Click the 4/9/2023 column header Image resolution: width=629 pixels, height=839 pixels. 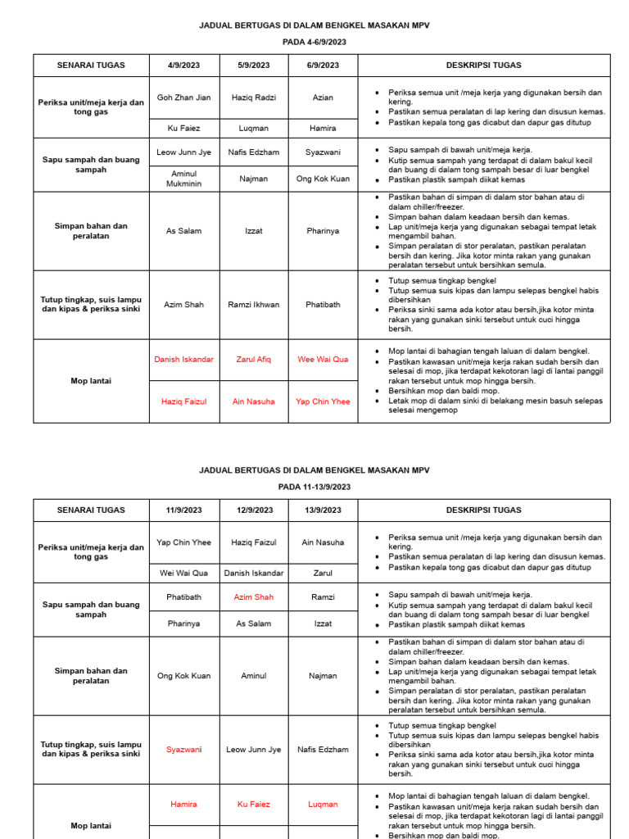coord(183,66)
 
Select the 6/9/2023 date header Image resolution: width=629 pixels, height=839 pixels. coord(323,66)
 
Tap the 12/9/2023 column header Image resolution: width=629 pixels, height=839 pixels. coord(254,510)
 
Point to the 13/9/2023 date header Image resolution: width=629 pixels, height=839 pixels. coord(323,510)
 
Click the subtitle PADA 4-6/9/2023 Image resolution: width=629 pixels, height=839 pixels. coord(314,43)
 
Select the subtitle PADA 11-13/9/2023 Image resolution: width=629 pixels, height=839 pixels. coord(314,487)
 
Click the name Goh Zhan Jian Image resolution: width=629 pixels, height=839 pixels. coord(183,98)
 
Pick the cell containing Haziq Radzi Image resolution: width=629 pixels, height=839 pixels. coord(254,98)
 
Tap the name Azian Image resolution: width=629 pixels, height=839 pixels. coord(323,98)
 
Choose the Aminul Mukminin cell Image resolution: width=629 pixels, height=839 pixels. coord(183,179)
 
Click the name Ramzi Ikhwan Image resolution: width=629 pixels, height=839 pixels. coord(254,305)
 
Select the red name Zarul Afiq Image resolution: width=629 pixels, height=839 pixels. coord(254,360)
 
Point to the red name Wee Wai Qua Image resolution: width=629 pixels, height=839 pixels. coord(323,360)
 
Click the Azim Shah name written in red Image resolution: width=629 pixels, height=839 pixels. coord(254,597)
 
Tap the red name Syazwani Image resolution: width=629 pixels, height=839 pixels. coord(183,750)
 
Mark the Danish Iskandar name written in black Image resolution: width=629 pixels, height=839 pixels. coord(254,573)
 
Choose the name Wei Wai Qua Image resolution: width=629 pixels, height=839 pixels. coord(183,573)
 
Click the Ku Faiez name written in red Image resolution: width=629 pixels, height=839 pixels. coord(254,805)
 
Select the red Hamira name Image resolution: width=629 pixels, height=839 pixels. coord(183,805)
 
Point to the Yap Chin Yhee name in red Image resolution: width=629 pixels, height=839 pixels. coord(323,401)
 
